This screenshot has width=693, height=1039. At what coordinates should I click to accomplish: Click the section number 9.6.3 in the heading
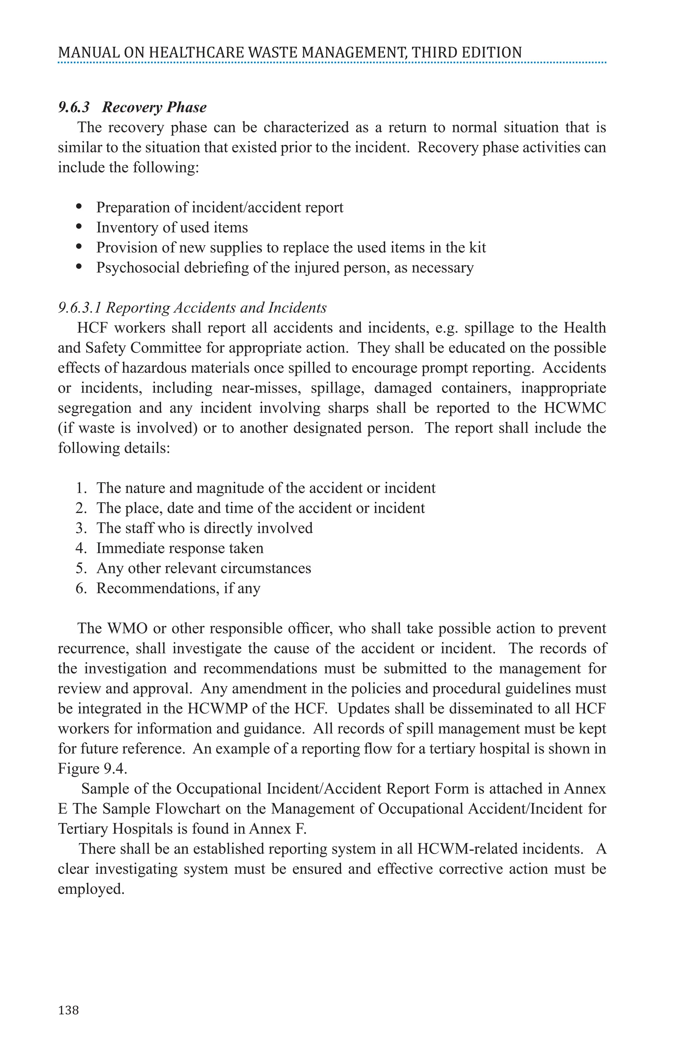[74, 107]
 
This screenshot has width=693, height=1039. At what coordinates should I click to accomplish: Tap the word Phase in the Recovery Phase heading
[186, 107]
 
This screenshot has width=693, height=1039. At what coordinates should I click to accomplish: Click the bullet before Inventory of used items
[79, 227]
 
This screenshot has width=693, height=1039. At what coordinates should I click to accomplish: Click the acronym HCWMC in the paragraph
[575, 408]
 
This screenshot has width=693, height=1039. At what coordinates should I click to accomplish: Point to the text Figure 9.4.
[92, 769]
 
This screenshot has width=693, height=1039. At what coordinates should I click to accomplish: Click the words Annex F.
[277, 829]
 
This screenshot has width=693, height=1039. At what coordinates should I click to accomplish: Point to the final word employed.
[91, 889]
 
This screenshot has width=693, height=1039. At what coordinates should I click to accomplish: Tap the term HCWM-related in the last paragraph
[468, 849]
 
